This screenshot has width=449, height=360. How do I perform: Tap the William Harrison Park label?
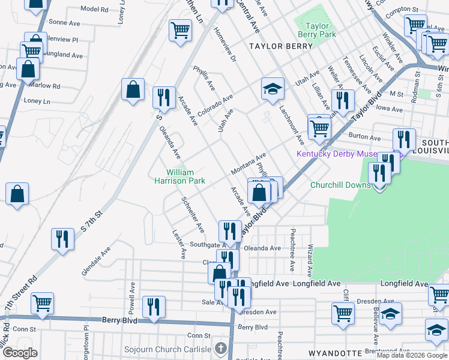point(180,176)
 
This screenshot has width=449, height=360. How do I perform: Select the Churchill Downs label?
point(340,185)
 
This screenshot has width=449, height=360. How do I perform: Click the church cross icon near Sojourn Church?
point(221,348)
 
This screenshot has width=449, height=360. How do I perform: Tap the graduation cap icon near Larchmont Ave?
point(273,89)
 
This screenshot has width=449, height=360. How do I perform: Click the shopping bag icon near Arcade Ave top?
point(133,91)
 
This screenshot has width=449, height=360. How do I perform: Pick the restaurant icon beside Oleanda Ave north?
point(163,97)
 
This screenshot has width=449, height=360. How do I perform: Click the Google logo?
point(20,353)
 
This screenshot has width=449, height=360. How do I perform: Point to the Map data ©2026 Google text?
point(411,355)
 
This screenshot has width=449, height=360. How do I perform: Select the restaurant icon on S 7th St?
point(62,239)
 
